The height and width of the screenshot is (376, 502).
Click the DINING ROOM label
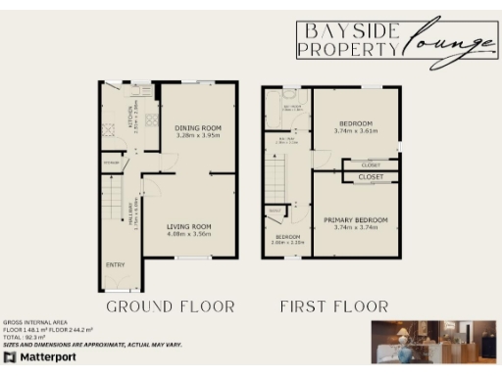pos(198,128)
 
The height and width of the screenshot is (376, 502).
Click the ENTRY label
pos(115,264)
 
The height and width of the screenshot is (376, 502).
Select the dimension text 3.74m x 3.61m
pos(356,130)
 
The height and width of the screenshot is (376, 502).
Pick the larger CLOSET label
pos(371,177)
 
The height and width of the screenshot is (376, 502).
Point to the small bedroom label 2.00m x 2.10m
pos(287,240)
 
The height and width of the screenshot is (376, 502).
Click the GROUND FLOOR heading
pos(171,306)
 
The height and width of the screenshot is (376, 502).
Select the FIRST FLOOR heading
pos(333,306)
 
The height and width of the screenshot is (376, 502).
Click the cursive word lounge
pos(446,46)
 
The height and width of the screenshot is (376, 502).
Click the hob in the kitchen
pos(152,120)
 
